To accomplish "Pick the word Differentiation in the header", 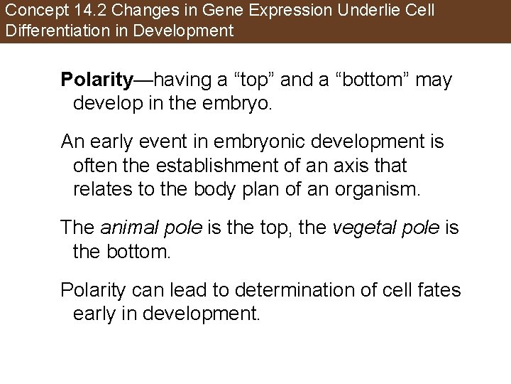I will [x=49, y=31].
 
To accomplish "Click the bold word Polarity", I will [x=97, y=80].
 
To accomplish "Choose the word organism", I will [x=380, y=190].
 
